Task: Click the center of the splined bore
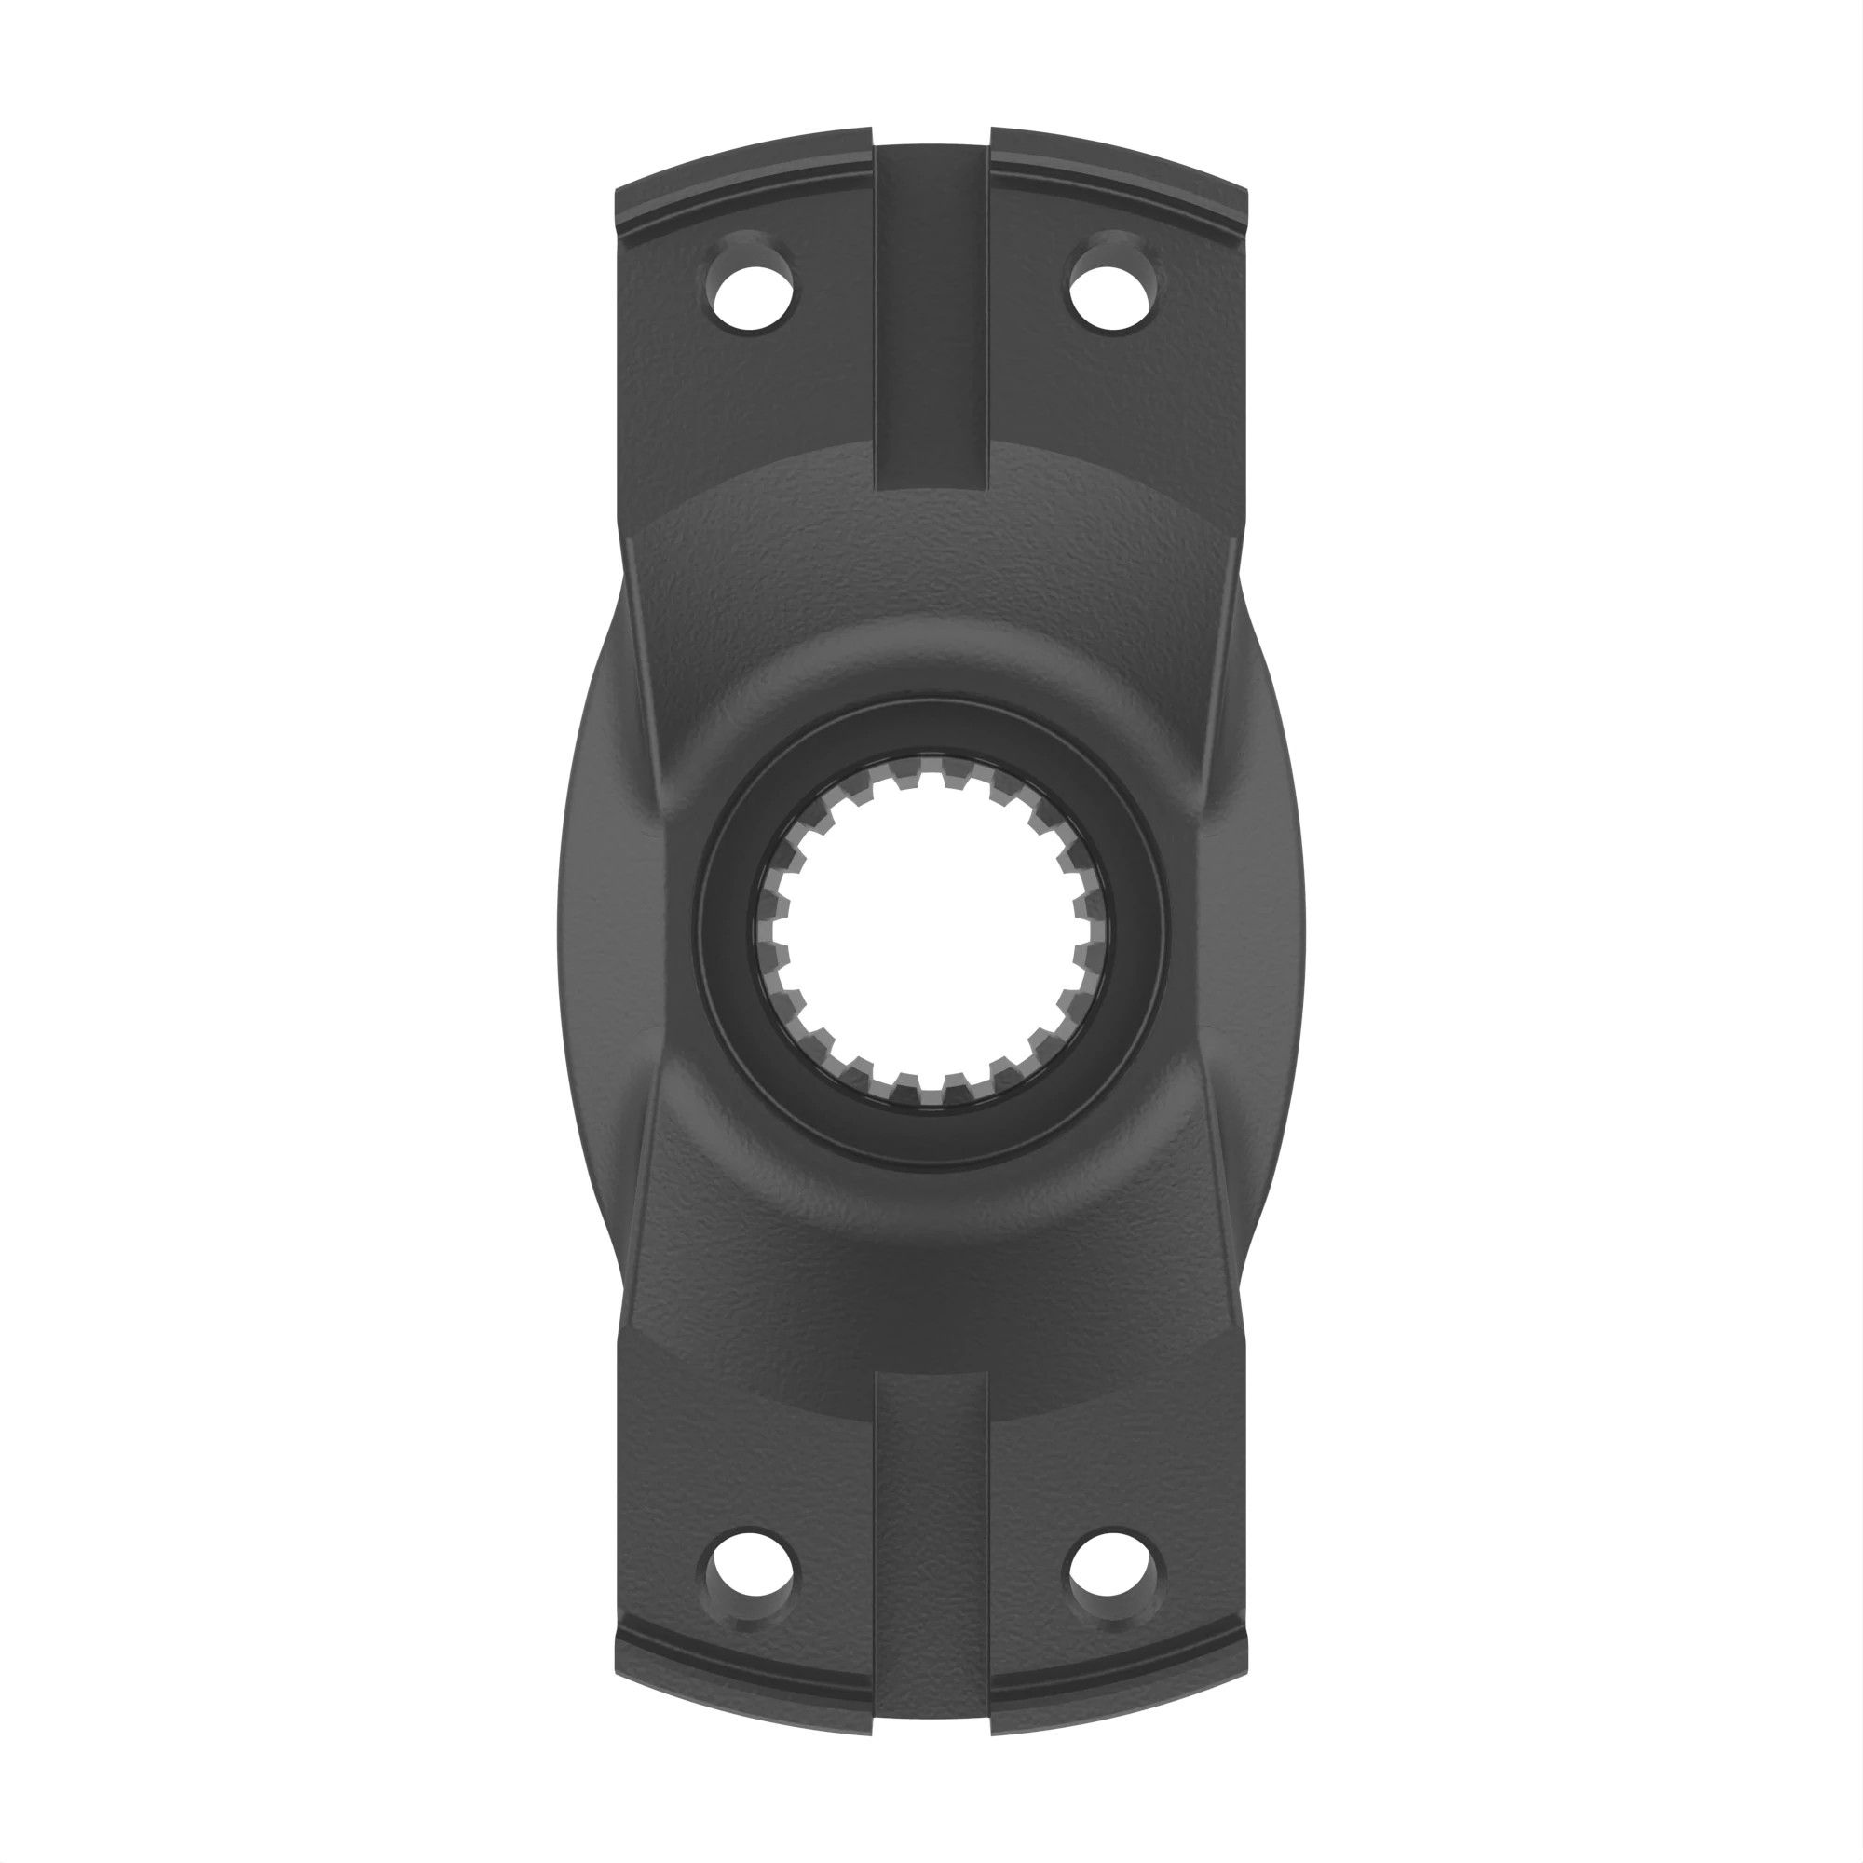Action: click(x=931, y=931)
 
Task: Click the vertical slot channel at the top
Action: click(x=931, y=319)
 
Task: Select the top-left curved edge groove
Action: click(x=742, y=200)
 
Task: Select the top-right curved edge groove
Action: click(x=1121, y=200)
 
